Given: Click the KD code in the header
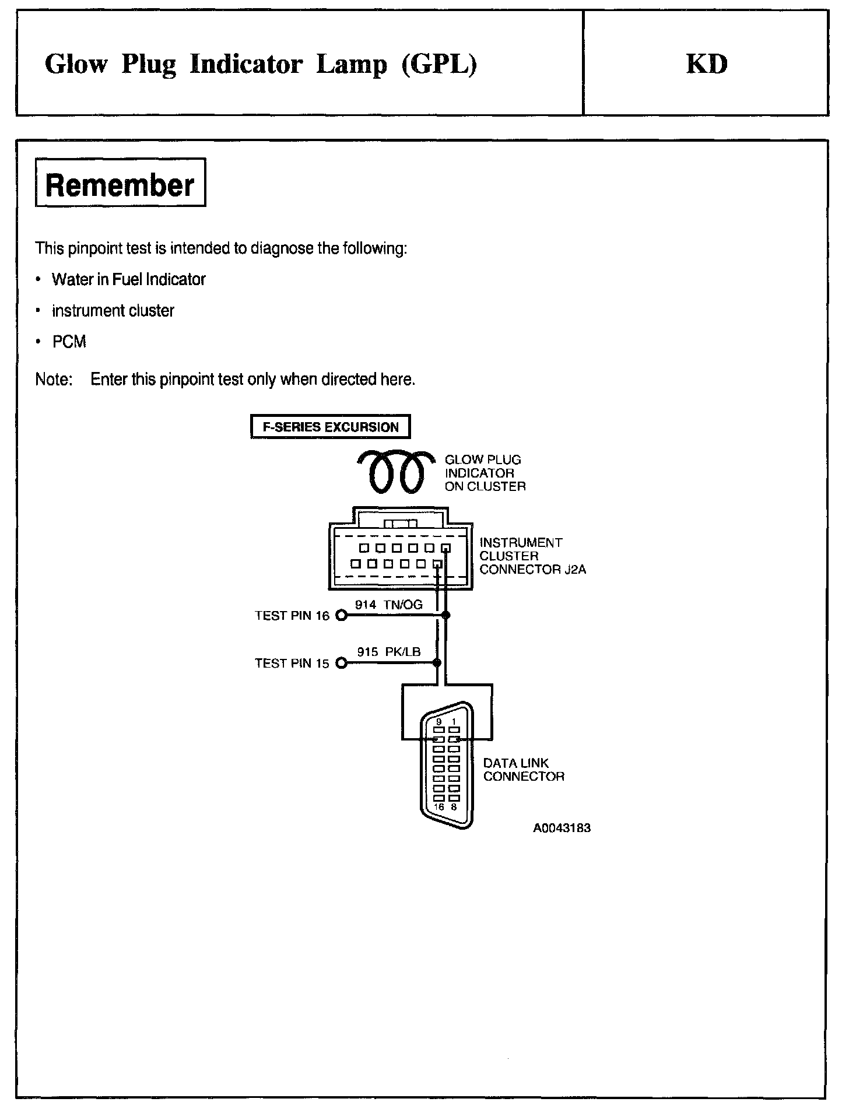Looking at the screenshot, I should [x=706, y=64].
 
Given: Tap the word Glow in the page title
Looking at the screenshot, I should [x=76, y=64].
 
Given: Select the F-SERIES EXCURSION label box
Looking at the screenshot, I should [x=330, y=427].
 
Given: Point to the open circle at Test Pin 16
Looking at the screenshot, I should [x=342, y=616].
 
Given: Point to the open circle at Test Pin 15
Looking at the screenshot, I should [x=342, y=663].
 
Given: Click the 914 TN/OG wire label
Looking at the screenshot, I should [x=388, y=605].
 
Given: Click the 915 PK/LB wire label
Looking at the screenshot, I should [x=388, y=652].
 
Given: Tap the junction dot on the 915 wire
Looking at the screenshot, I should [x=437, y=663].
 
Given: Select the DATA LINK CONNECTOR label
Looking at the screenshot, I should [x=523, y=770].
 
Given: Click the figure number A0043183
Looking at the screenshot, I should [x=562, y=828].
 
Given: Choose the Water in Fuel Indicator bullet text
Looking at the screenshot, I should [x=128, y=280].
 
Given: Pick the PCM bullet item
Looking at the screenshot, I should [x=69, y=342].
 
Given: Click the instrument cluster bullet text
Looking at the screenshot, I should [x=113, y=311].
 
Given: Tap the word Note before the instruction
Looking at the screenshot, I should [x=53, y=380].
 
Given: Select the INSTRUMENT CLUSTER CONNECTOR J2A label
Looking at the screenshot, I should [x=532, y=556].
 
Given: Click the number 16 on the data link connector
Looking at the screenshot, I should [x=439, y=807].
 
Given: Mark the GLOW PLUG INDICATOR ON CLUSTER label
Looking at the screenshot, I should [x=485, y=473].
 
